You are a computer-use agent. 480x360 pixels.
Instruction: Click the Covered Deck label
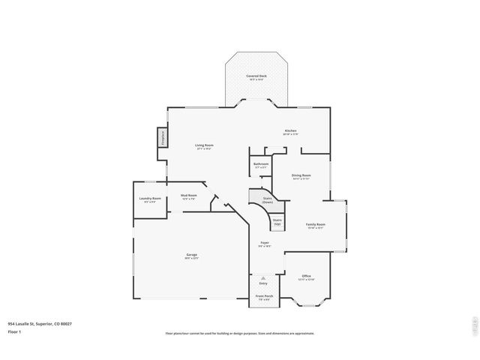[256, 76]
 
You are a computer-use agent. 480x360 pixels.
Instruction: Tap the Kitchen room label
[291, 131]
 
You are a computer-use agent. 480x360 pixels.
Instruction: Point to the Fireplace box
[160, 139]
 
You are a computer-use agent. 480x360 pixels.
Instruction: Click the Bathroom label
[260, 164]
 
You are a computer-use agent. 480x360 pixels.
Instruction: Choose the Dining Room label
[301, 176]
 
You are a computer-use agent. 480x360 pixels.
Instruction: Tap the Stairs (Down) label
[267, 201]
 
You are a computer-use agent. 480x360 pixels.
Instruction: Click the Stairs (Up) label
[277, 223]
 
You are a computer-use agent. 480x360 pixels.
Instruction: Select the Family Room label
[315, 226]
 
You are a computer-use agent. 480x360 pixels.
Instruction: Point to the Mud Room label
[188, 196]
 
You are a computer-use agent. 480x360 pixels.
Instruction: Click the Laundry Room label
[150, 199]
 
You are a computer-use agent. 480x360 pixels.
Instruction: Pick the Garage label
[192, 256]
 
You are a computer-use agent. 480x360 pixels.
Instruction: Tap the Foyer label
[265, 244]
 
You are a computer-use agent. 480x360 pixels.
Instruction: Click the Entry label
[263, 283]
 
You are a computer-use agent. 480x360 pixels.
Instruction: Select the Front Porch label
[264, 297]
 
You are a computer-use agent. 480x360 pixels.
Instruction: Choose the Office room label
[306, 277]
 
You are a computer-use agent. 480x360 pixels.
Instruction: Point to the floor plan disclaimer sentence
[239, 334]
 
